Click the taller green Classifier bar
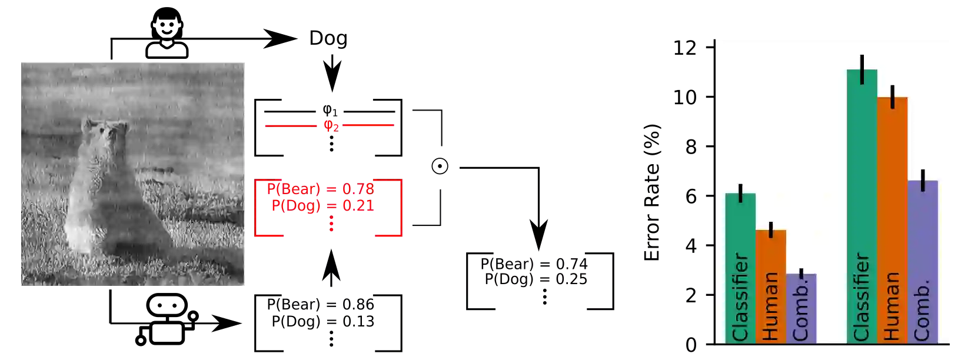coord(862,176)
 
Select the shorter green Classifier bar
coord(740,229)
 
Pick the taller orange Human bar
coord(892,188)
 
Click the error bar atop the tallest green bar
coord(862,69)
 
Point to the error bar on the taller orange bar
coord(893,97)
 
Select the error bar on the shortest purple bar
coord(802,274)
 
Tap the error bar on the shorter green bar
coord(740,193)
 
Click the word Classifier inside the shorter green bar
coord(740,297)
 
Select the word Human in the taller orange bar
coord(892,306)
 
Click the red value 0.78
coord(358,189)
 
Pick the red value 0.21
coord(358,206)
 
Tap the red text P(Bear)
coord(293,189)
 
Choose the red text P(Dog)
coord(295,206)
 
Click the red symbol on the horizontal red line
coord(331,125)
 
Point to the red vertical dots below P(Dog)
coord(331,224)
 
